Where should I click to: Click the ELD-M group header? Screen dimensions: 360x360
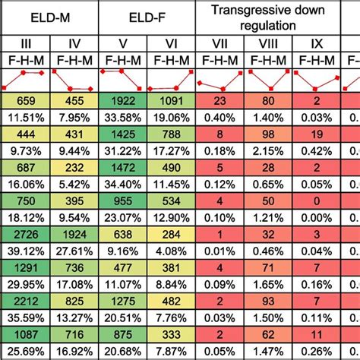[49, 13]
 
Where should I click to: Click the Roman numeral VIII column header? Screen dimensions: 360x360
[269, 43]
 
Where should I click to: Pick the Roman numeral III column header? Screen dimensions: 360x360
[24, 43]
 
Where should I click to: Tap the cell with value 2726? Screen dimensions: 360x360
[24, 235]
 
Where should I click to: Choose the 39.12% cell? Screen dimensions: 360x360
[24, 251]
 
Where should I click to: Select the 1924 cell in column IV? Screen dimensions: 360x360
[73, 235]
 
